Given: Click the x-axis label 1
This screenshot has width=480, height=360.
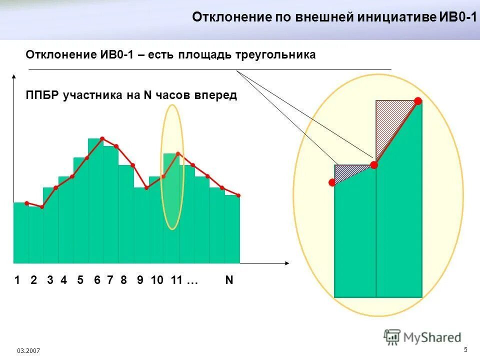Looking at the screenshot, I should pyautogui.click(x=17, y=280).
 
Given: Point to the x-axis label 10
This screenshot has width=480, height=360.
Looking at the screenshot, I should pyautogui.click(x=157, y=280).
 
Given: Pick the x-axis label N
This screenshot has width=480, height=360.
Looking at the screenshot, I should pyautogui.click(x=229, y=280).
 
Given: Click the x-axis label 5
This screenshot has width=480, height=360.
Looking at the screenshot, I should pyautogui.click(x=80, y=280).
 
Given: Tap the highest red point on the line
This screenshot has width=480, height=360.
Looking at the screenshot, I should pyautogui.click(x=102, y=138).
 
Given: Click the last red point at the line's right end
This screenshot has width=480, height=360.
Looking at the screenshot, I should pyautogui.click(x=238, y=195).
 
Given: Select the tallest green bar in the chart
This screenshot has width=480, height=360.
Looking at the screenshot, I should pyautogui.click(x=96, y=200).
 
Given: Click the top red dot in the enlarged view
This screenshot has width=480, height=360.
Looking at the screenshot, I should pyautogui.click(x=417, y=101).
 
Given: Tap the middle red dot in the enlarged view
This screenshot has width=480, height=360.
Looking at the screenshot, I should pyautogui.click(x=373, y=164).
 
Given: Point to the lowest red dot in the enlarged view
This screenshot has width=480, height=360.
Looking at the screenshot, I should pyautogui.click(x=332, y=183).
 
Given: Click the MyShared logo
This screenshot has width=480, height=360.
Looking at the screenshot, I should pyautogui.click(x=422, y=337).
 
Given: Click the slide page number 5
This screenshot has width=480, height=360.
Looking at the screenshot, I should pyautogui.click(x=465, y=349).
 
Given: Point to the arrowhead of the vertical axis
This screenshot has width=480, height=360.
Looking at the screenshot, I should pyautogui.click(x=14, y=76).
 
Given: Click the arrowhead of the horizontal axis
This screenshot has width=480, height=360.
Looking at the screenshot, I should pyautogui.click(x=287, y=262).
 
